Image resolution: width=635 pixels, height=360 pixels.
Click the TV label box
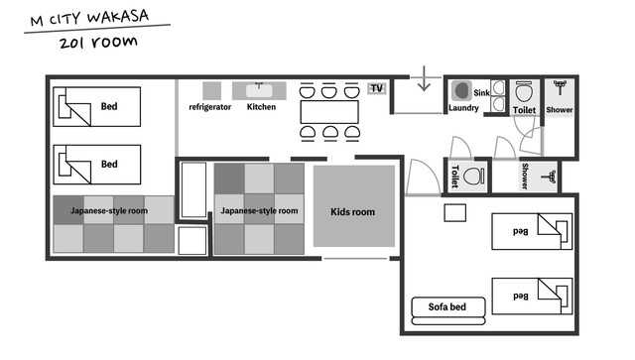[x=377, y=88]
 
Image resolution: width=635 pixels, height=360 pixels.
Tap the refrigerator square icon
[x=211, y=90]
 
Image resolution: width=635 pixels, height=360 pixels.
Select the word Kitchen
[x=261, y=107]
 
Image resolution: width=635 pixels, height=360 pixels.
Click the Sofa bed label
[x=447, y=307]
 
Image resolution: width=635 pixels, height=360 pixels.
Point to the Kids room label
[x=353, y=212]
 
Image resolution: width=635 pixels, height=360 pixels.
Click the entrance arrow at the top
[x=424, y=78]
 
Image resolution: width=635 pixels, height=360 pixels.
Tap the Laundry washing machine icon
[x=461, y=90]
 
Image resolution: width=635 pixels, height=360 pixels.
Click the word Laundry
[x=463, y=108]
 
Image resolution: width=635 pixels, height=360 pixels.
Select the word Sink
[x=481, y=93]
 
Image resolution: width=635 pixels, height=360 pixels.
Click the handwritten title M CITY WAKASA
[x=89, y=18]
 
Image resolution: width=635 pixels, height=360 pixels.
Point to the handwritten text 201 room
[x=98, y=43]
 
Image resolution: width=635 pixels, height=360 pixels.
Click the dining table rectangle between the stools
[x=329, y=112]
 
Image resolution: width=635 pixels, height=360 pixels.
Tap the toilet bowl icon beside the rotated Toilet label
[x=474, y=177]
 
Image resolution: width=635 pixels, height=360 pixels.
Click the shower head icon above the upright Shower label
[x=560, y=87]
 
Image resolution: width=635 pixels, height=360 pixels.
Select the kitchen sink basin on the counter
[x=259, y=90]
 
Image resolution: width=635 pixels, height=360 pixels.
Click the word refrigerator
[x=209, y=107]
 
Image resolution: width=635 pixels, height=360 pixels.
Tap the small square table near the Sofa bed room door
[x=454, y=213]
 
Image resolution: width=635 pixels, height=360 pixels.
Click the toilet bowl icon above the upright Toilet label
[x=524, y=92]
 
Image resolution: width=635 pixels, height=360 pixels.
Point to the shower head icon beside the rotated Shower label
[x=549, y=177]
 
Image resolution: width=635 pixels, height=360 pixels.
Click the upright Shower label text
[x=560, y=110]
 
